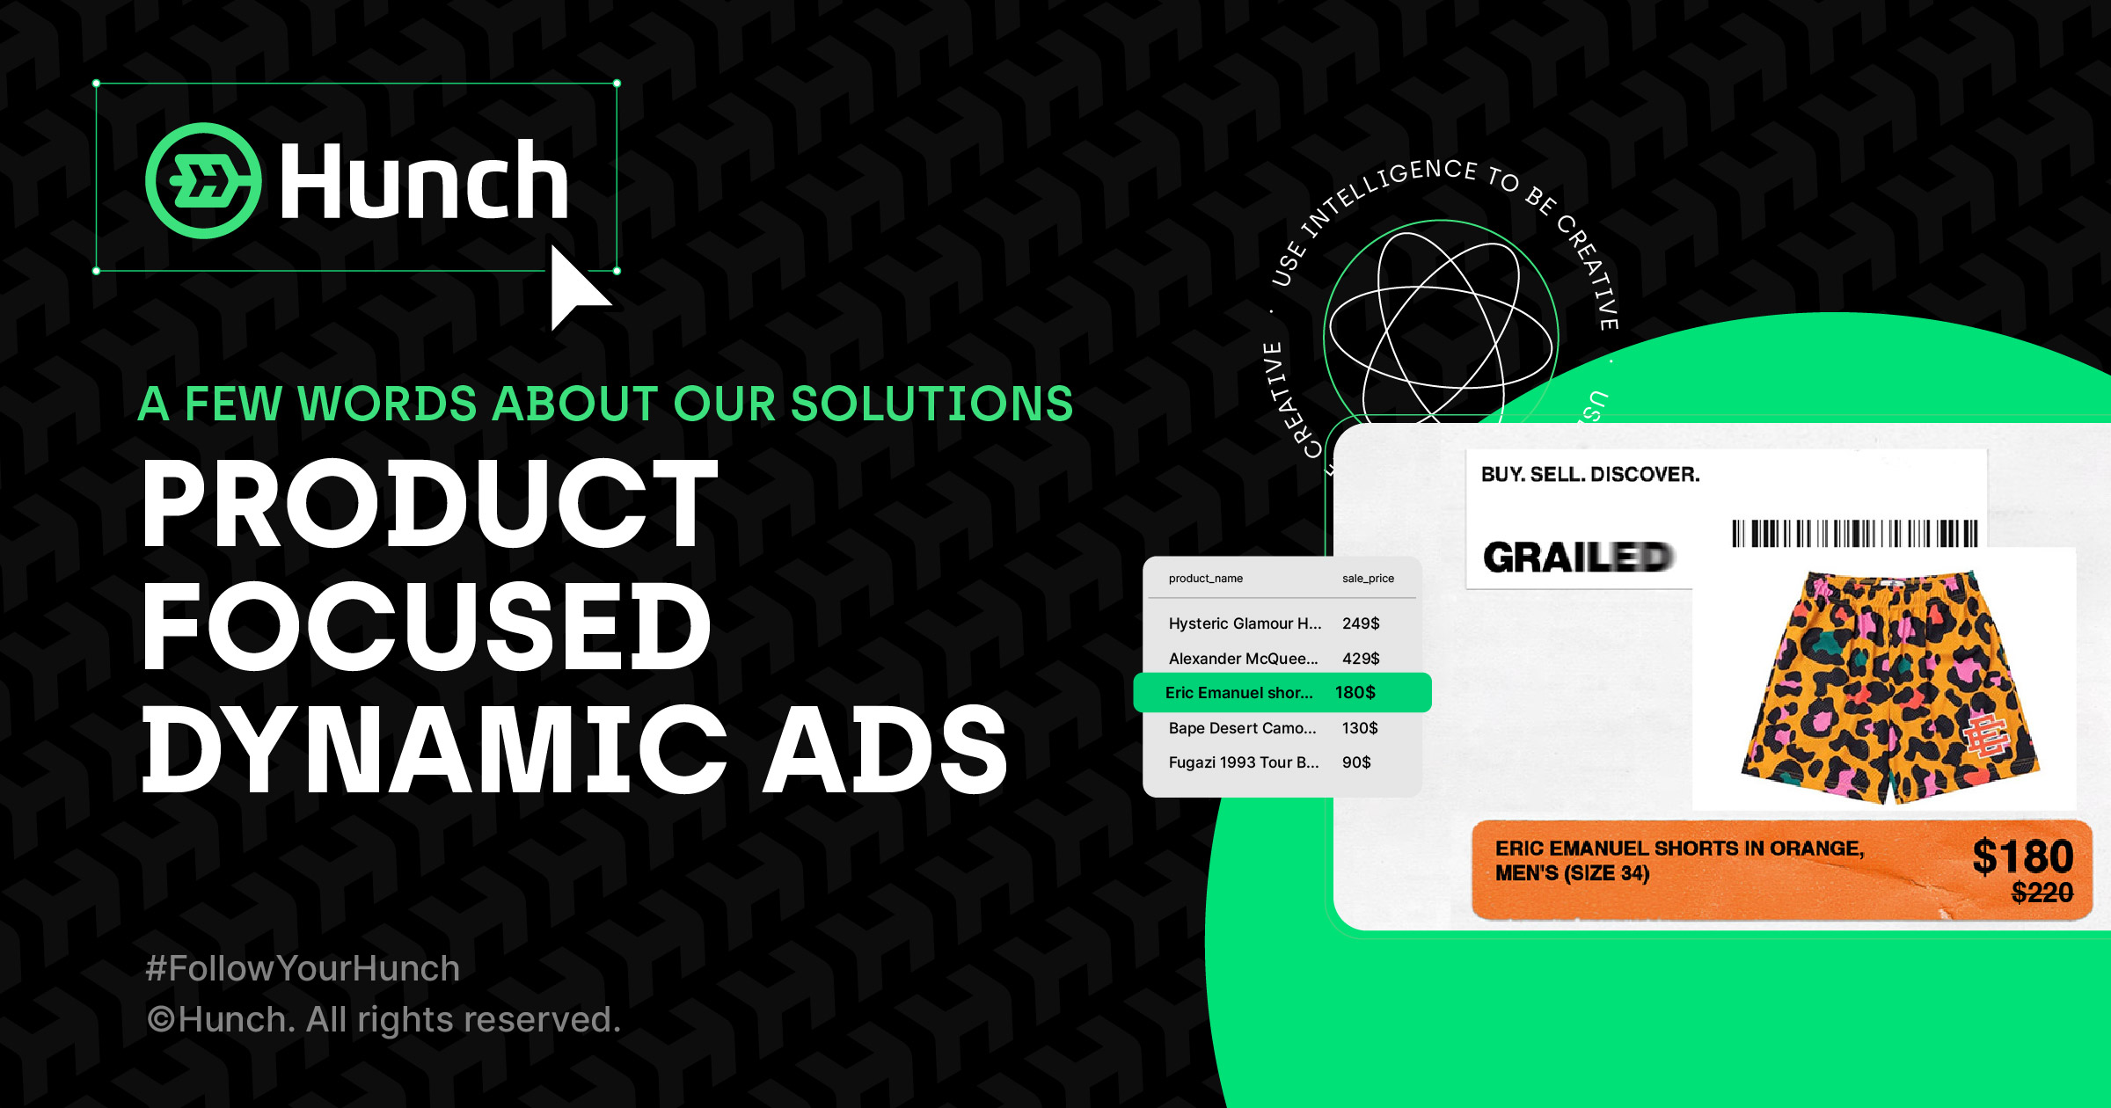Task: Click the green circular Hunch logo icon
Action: click(203, 180)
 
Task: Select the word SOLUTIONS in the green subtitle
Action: click(931, 404)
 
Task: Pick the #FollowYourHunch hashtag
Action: click(303, 968)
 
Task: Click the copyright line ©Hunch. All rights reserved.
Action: click(383, 1020)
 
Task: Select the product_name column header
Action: click(1205, 579)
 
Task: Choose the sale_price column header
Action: click(1368, 579)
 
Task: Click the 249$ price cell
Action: click(1361, 623)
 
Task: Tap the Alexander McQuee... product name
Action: click(1243, 659)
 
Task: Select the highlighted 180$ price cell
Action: click(1355, 693)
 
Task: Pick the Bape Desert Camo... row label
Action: click(1242, 728)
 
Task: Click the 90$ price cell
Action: click(1356, 762)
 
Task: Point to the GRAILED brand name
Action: click(1578, 558)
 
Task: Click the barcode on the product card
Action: click(1854, 534)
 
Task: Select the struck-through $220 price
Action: click(2042, 893)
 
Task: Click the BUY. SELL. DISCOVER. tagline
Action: click(1590, 475)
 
